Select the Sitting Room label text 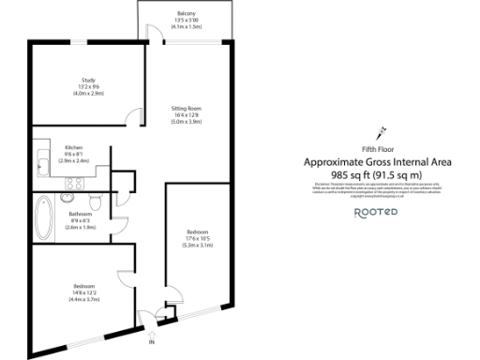(186, 109)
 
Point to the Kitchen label (73, 148)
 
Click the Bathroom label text (81, 214)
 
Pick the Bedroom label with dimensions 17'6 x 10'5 (197, 232)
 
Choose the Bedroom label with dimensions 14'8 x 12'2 (85, 286)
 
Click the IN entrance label (151, 342)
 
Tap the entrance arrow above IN (152, 331)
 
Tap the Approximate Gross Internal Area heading (378, 162)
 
